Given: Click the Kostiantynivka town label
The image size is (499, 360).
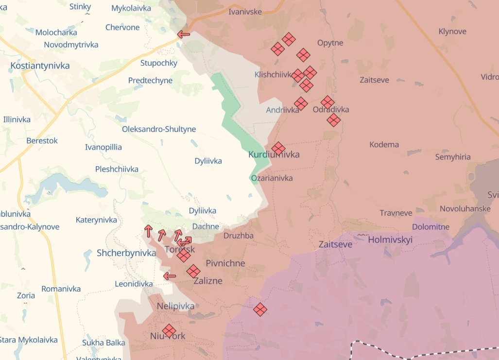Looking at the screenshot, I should [40, 66].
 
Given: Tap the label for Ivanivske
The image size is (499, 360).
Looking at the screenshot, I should [245, 12].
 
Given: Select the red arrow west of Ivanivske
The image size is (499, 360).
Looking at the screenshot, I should [184, 34].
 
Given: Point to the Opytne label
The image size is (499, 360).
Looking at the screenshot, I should [330, 43].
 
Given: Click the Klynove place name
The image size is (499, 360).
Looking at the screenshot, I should [452, 32].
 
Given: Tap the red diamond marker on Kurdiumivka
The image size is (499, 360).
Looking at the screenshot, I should [278, 148].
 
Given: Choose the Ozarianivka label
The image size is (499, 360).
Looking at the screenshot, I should [272, 178].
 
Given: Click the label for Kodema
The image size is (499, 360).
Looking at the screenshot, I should [384, 144].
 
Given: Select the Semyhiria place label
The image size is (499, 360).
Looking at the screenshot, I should [453, 157].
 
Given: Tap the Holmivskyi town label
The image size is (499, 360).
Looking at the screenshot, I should [390, 240].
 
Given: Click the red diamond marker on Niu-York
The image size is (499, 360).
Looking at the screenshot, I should [169, 331].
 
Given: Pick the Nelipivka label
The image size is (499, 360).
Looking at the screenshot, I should [175, 306].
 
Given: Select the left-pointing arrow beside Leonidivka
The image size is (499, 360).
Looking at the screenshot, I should [170, 276].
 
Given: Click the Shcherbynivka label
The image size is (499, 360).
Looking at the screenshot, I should [126, 253].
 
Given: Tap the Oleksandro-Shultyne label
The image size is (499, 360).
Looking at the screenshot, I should [159, 129].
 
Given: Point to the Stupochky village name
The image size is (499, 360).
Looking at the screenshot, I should [159, 63].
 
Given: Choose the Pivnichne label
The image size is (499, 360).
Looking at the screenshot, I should [225, 263].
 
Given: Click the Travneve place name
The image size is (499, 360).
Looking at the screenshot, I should [396, 213].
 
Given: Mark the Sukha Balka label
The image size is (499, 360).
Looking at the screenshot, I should [103, 343].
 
